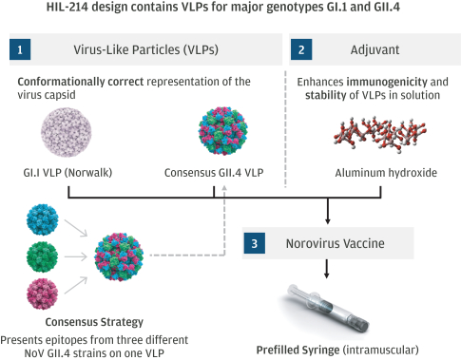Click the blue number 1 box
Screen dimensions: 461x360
tap(20, 49)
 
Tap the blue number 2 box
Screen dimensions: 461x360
tap(301, 49)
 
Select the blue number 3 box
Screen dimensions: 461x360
tap(255, 243)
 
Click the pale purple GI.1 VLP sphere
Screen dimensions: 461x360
tap(67, 132)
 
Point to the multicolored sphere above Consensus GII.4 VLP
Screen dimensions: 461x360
tap(223, 131)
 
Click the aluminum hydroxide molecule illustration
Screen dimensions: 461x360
tap(379, 134)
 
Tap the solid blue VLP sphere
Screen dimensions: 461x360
tap(42, 219)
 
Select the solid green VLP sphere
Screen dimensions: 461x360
tap(42, 256)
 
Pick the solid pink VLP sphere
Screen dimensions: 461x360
tap(42, 294)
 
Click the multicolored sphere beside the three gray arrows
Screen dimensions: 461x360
tap(119, 256)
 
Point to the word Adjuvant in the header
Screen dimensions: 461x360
tap(375, 49)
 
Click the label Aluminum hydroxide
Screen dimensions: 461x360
tap(386, 173)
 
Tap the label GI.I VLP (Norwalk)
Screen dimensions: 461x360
tap(67, 173)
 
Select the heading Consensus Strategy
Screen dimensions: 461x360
tap(94, 322)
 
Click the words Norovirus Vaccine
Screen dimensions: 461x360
tap(336, 243)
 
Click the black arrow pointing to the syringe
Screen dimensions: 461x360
tap(327, 269)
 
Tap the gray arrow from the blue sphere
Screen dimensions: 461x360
tap(76, 228)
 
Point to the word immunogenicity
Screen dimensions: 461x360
tap(387, 82)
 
